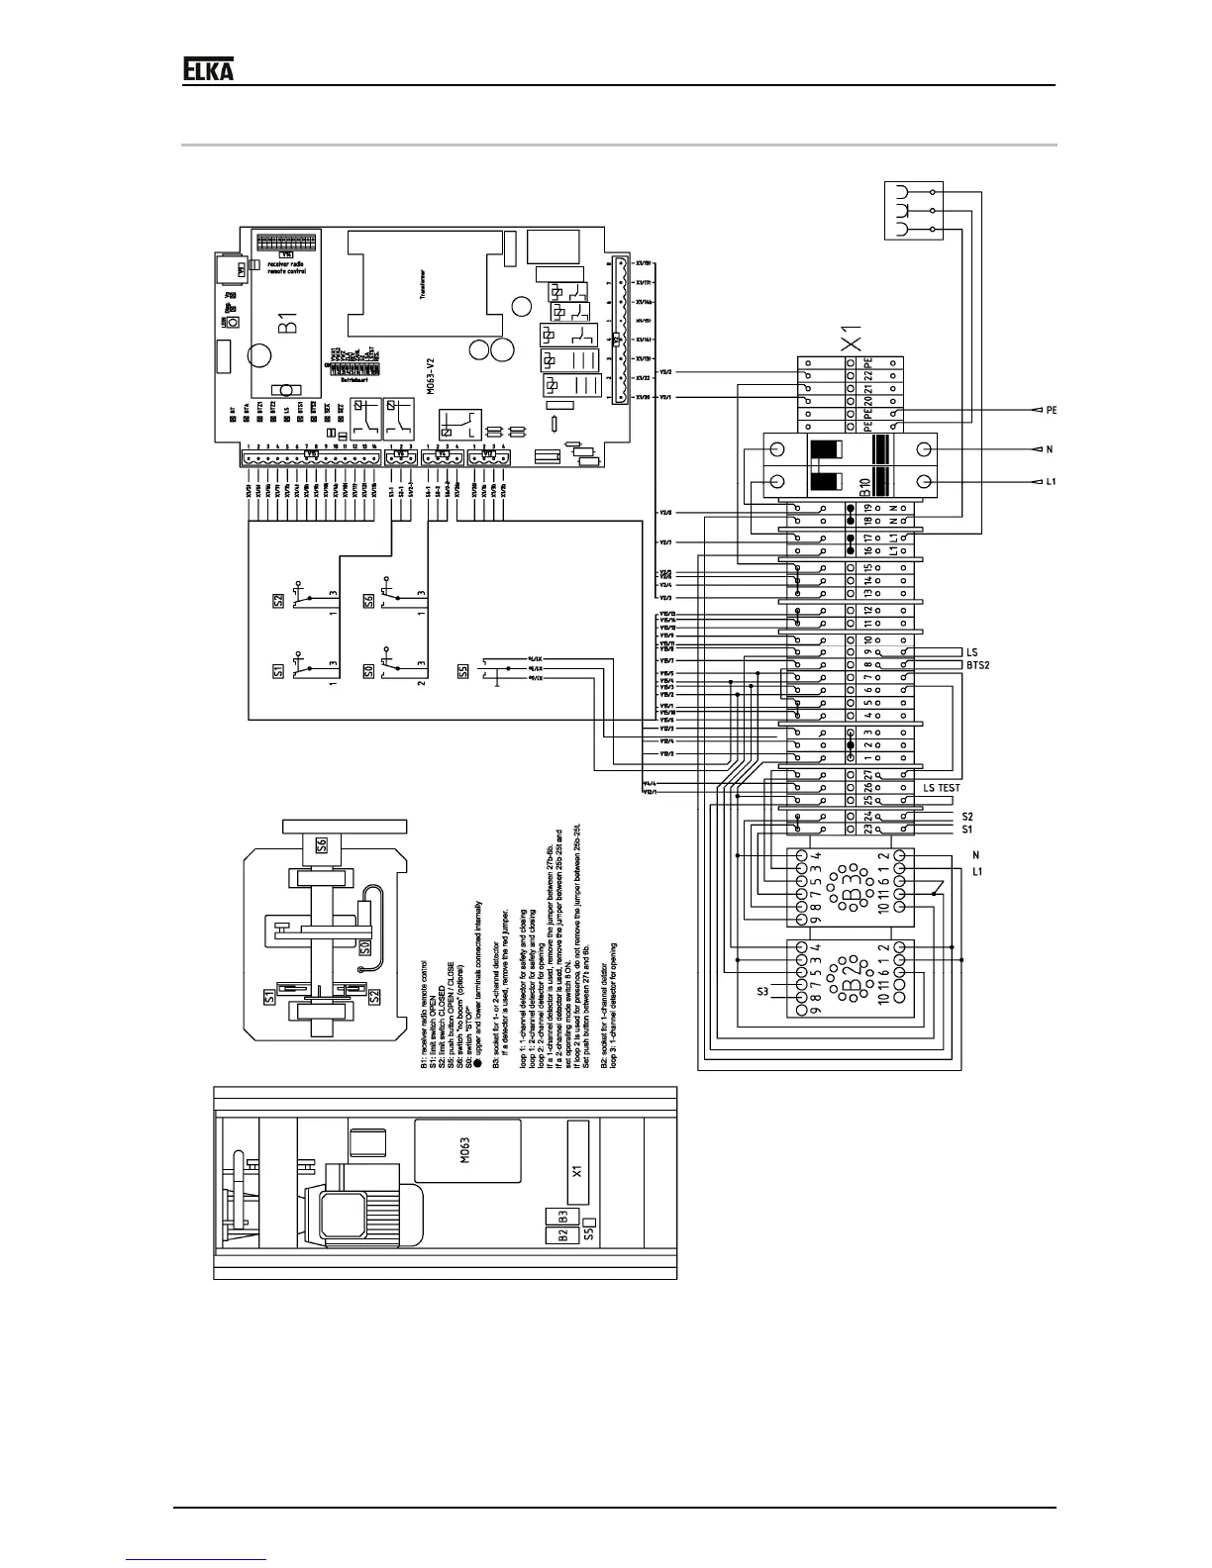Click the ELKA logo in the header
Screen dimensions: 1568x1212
pyautogui.click(x=208, y=69)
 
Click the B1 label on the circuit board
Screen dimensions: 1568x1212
pyautogui.click(x=286, y=324)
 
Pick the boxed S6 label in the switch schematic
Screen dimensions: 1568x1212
pyautogui.click(x=368, y=601)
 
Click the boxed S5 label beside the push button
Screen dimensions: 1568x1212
pyautogui.click(x=463, y=671)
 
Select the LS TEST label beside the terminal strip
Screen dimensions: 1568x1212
pyautogui.click(x=942, y=787)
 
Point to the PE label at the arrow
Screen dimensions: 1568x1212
pyautogui.click(x=1053, y=409)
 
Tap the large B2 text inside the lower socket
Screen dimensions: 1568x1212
pyautogui.click(x=850, y=978)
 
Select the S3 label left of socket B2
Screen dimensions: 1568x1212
pyautogui.click(x=763, y=991)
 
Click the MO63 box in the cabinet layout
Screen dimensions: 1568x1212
pyautogui.click(x=467, y=1150)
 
